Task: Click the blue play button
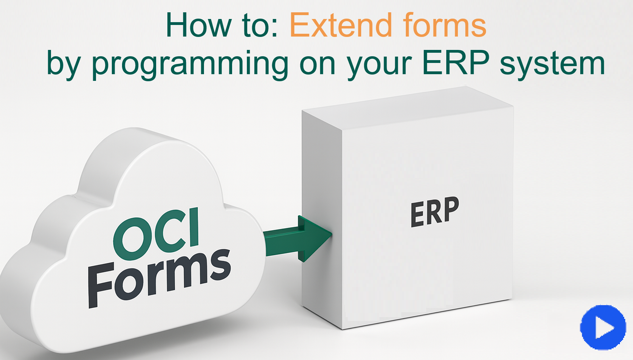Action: pyautogui.click(x=603, y=327)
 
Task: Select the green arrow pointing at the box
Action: pyautogui.click(x=297, y=239)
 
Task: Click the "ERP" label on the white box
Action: pyautogui.click(x=435, y=212)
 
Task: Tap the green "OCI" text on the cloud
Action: pyautogui.click(x=157, y=233)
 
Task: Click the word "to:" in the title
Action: pyautogui.click(x=260, y=25)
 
